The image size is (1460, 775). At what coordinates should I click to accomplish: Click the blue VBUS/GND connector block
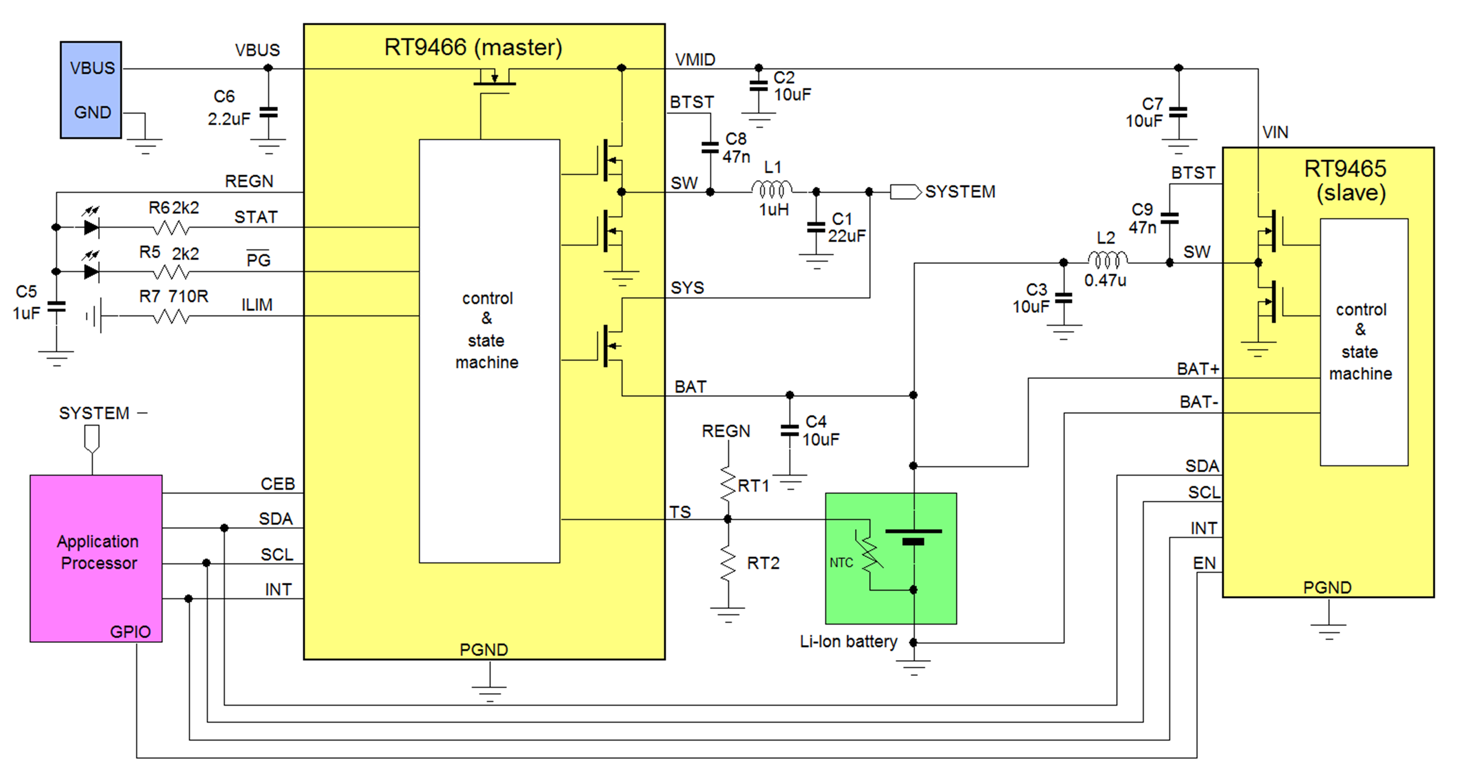coord(91,90)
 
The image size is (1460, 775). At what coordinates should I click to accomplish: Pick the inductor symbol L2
coord(1107,260)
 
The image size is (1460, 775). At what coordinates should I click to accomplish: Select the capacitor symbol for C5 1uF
coord(56,307)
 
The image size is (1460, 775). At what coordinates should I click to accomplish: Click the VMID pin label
coord(695,59)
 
